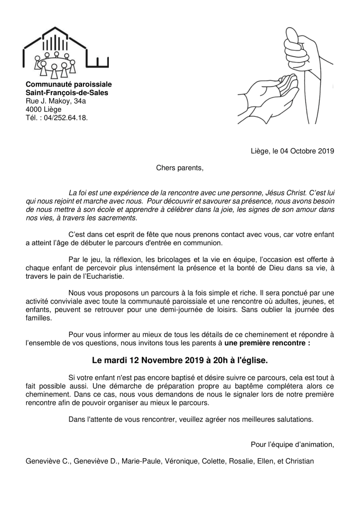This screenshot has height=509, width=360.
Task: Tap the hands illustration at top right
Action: [x=285, y=80]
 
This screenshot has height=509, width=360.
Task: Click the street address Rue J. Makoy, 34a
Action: [x=56, y=101]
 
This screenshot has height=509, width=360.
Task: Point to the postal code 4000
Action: [x=34, y=109]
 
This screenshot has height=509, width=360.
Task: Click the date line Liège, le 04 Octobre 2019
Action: [x=292, y=151]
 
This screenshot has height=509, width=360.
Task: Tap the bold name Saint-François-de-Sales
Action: [x=67, y=93]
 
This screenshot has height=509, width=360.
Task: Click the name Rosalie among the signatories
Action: [x=241, y=461]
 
